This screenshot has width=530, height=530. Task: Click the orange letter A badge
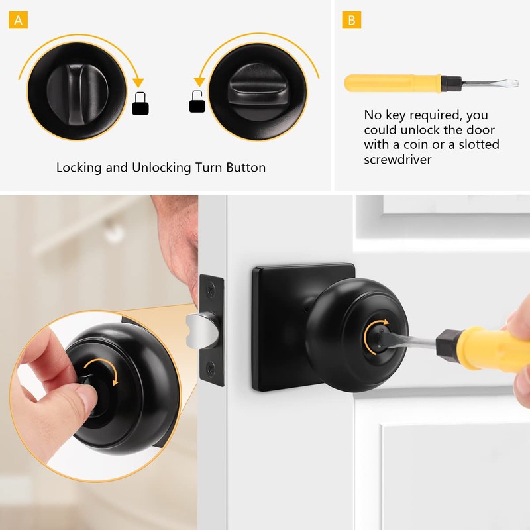[19, 20]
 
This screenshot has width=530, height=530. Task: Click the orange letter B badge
[352, 20]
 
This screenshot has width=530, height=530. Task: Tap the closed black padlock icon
[140, 105]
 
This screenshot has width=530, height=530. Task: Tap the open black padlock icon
[197, 103]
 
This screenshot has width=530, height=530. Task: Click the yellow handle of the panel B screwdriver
[391, 83]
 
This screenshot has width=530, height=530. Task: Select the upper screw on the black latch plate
[211, 290]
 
